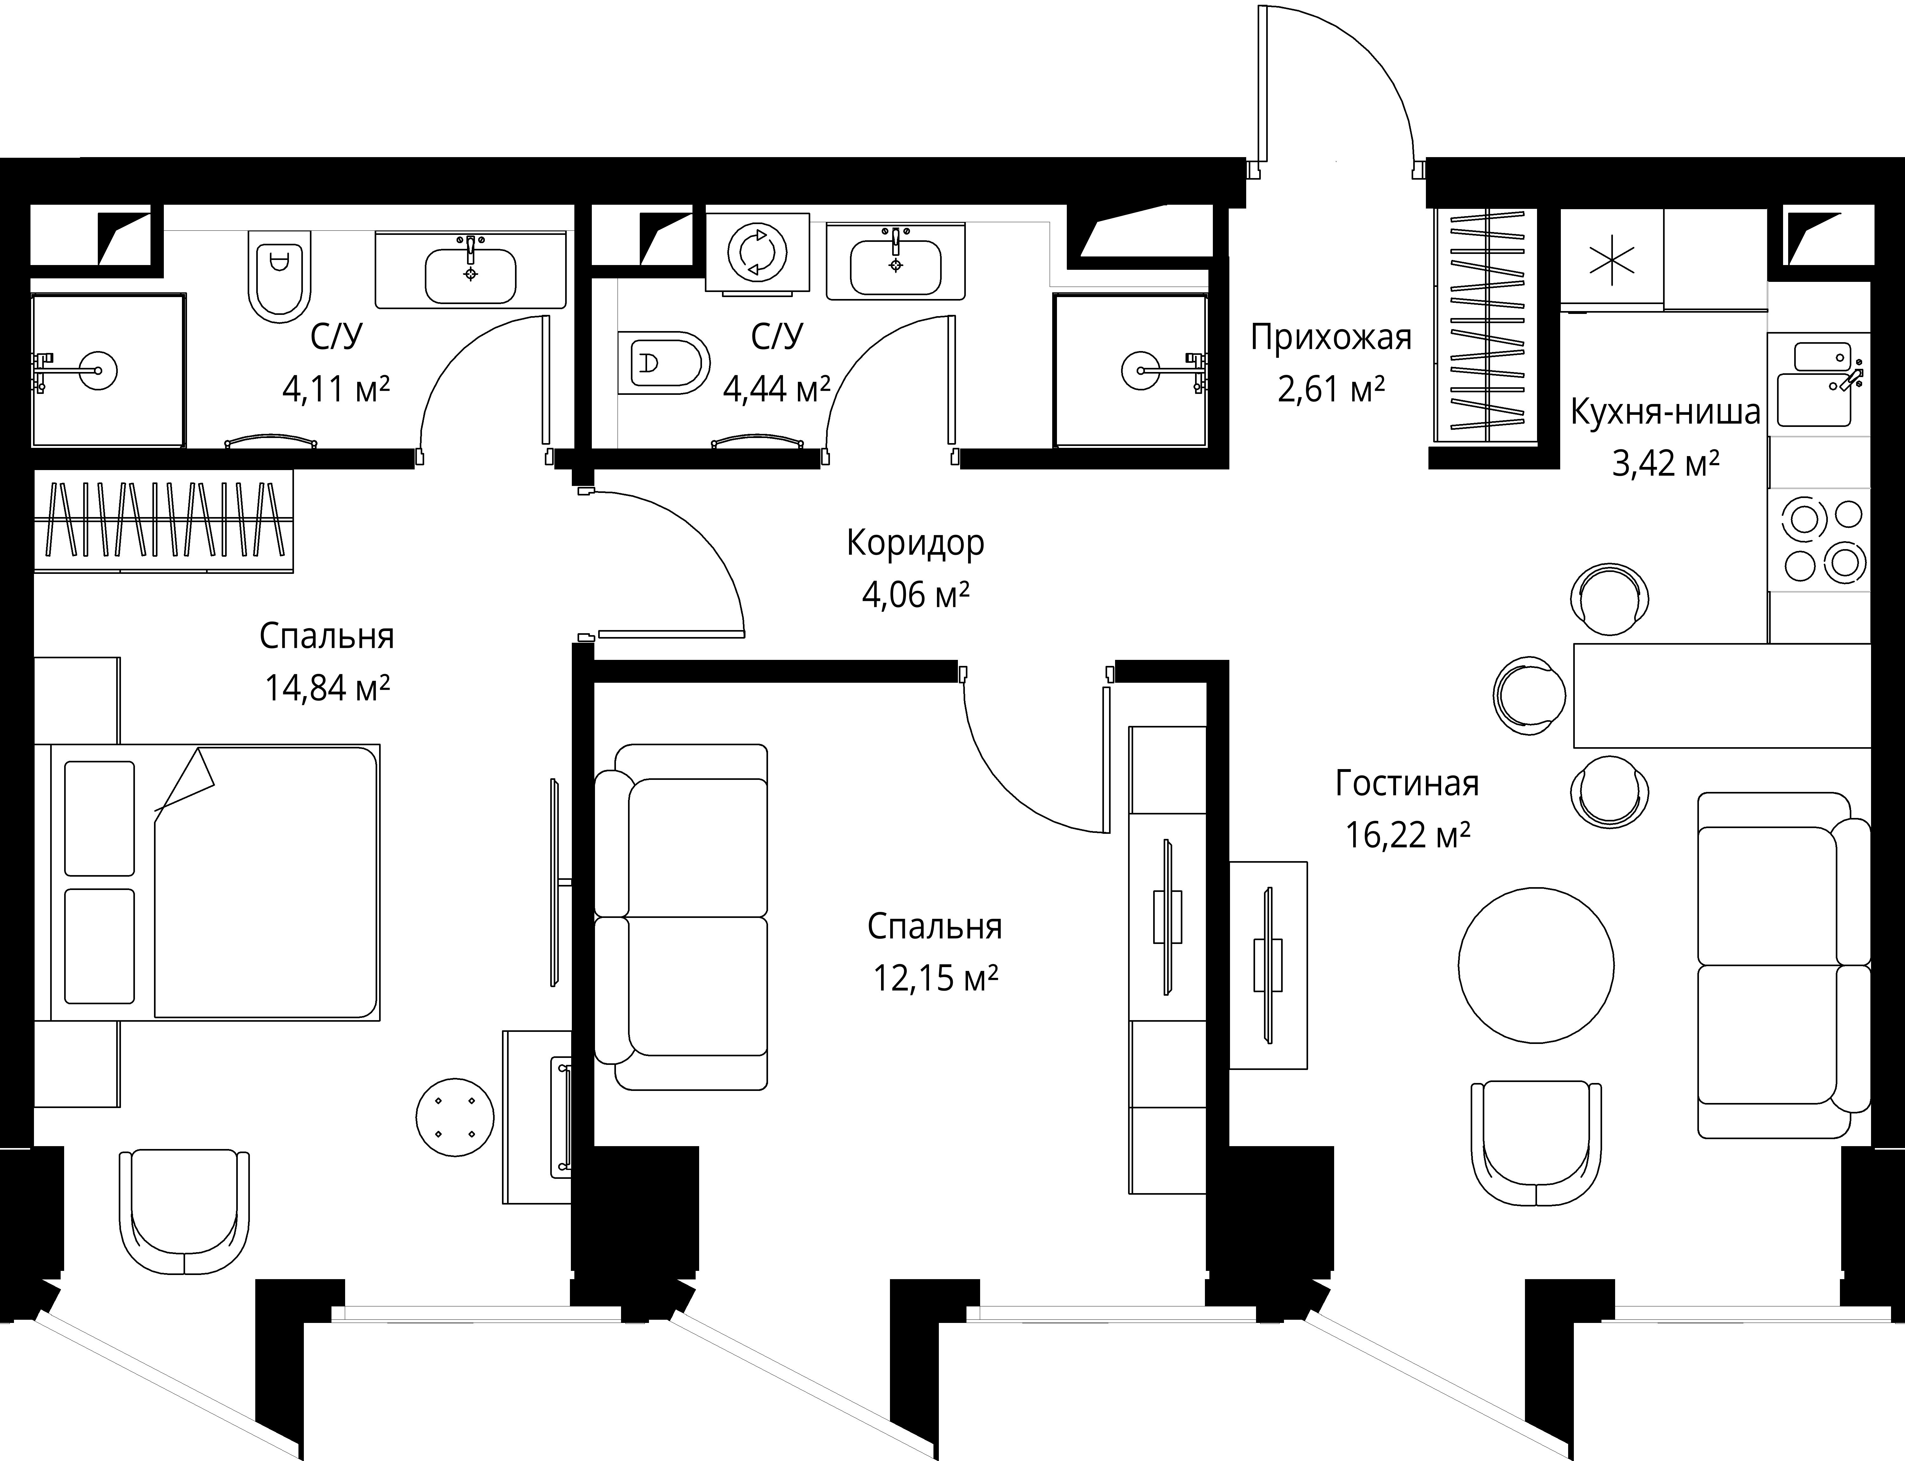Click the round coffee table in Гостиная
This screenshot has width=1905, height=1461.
pos(1536,965)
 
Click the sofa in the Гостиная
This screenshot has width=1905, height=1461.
pos(1783,965)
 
